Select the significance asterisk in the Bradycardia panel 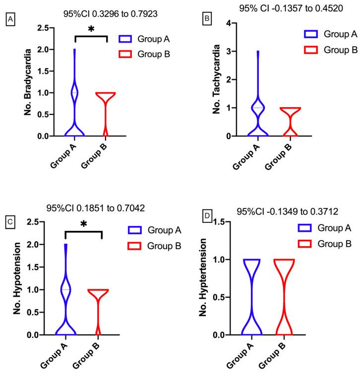91,29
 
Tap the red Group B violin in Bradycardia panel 105,109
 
